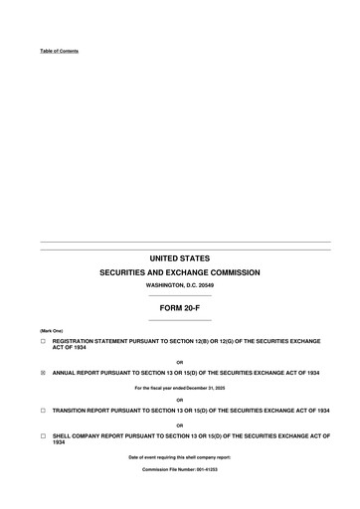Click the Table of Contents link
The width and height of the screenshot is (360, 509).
59,51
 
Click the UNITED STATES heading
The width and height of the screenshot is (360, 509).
179,258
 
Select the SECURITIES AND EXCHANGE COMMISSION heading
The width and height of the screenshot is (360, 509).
179,272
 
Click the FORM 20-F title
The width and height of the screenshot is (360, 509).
179,309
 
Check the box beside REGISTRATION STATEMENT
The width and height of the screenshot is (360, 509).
43,341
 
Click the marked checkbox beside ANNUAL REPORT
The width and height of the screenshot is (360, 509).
43,373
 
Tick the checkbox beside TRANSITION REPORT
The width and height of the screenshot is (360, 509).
43,410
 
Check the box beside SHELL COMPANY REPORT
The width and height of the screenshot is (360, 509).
43,435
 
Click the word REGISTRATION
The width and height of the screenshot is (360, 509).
74,341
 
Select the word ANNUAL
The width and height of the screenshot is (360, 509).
65,373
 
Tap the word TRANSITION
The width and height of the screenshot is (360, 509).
71,410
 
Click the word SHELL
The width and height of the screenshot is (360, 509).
62,435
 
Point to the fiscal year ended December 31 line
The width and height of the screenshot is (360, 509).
179,388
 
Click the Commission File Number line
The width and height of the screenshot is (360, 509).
179,467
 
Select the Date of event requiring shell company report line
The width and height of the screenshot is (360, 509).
179,456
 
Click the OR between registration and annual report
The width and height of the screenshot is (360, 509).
179,362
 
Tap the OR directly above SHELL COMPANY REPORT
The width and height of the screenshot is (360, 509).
179,424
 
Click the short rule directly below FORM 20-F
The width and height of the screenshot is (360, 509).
179,320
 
